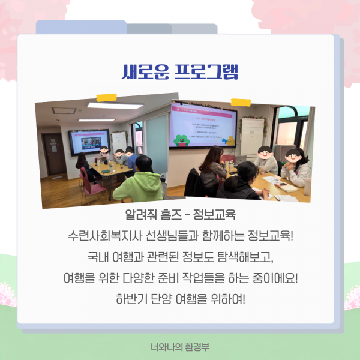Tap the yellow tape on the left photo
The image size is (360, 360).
tap(106, 97)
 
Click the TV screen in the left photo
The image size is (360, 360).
tap(88, 142)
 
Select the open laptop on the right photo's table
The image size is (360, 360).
tap(240, 161)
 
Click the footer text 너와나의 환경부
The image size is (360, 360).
tap(180, 346)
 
